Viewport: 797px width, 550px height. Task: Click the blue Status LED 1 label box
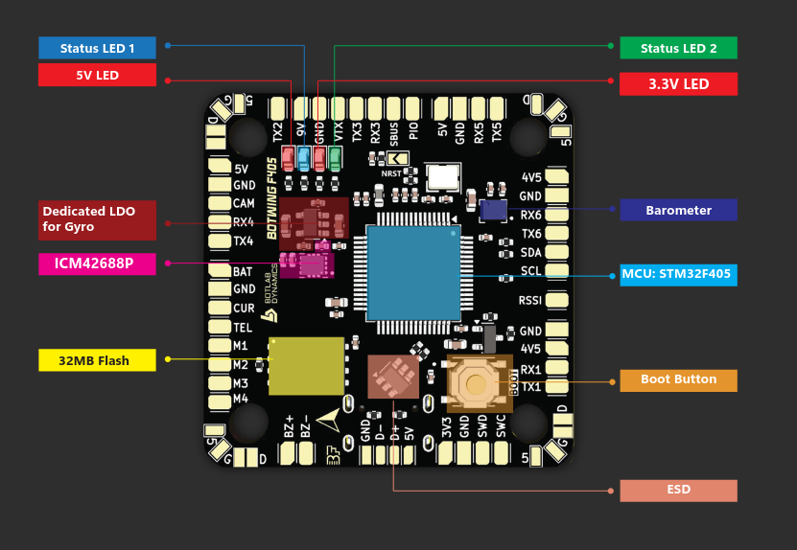tap(97, 48)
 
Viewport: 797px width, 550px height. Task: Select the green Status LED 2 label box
tap(678, 48)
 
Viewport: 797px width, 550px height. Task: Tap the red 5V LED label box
tap(97, 75)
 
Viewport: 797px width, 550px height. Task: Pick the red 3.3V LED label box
tap(678, 84)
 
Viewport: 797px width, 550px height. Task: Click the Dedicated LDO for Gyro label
tap(97, 219)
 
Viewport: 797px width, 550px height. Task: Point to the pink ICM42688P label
tap(97, 264)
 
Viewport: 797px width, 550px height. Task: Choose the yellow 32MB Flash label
tap(97, 360)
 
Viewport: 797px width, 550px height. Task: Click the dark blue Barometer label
tap(678, 210)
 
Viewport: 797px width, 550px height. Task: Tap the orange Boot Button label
tap(678, 379)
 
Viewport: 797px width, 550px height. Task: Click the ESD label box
tap(678, 490)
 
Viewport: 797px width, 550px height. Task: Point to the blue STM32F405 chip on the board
tap(412, 272)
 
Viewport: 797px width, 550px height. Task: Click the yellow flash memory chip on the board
tap(306, 365)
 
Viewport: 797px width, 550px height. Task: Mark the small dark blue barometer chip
tap(493, 210)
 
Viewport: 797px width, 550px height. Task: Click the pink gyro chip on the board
tap(314, 264)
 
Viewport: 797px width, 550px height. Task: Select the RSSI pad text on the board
tap(530, 300)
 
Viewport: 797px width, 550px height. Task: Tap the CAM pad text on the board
tap(244, 203)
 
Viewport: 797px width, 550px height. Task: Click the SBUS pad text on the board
tap(393, 132)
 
